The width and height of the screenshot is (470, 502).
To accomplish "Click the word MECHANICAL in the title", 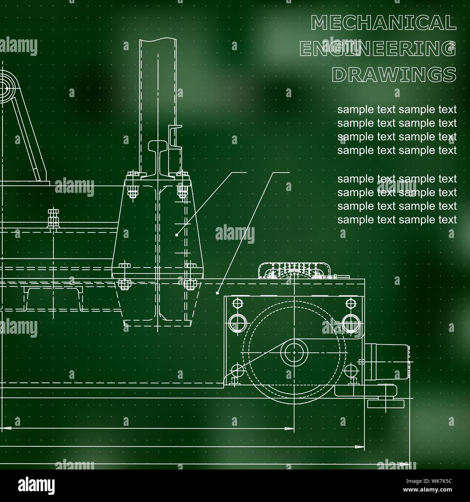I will point(383,23).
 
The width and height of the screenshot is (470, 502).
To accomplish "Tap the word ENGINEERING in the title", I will point(378,49).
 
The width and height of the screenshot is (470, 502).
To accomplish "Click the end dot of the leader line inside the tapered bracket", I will point(176,235).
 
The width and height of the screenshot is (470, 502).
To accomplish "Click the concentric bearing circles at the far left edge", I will point(5,87).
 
